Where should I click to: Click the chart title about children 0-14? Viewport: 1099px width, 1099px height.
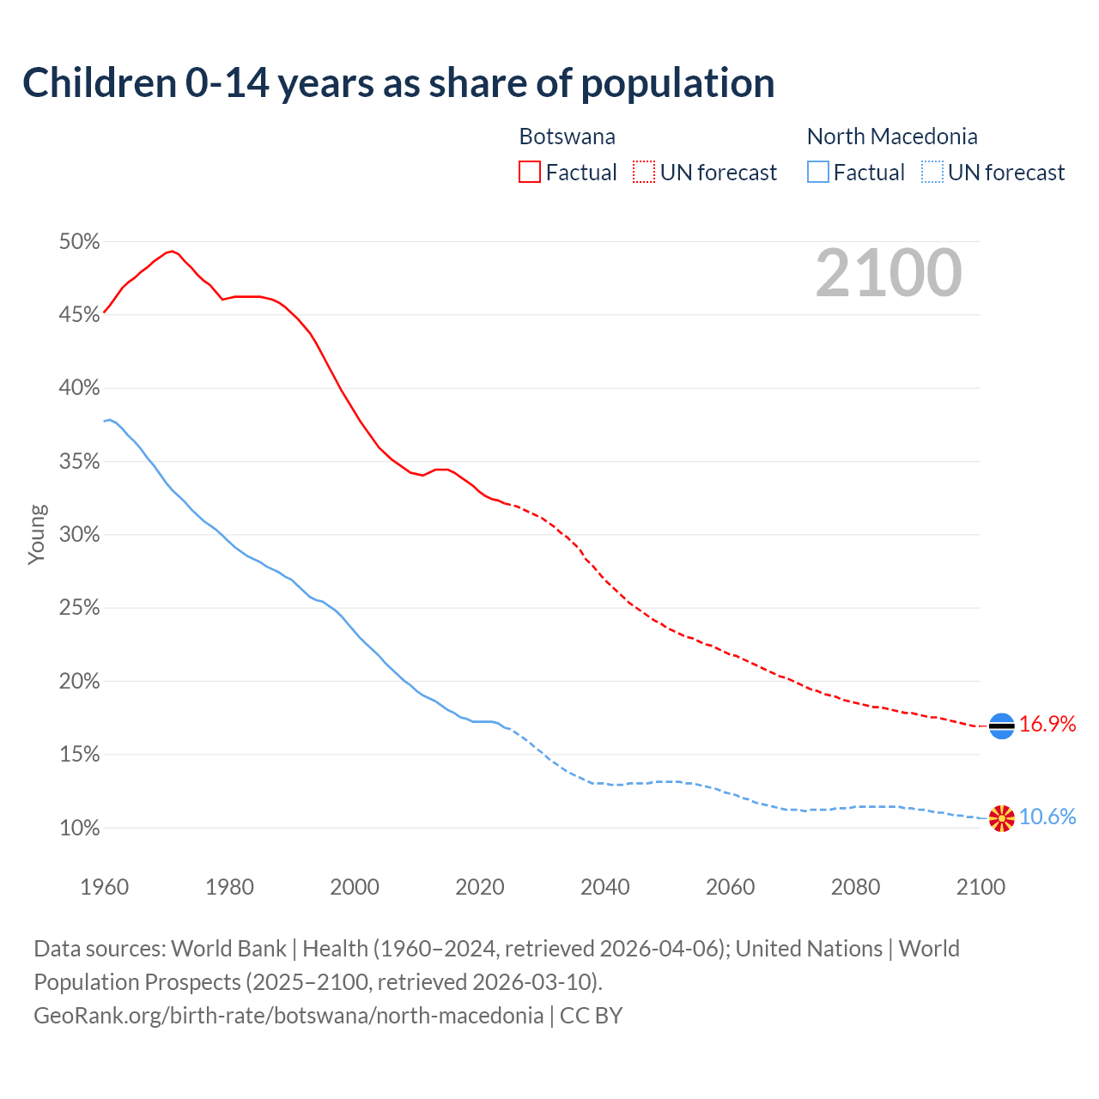398,83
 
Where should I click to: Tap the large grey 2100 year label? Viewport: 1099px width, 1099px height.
889,273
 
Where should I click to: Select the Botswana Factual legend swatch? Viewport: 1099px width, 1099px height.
530,172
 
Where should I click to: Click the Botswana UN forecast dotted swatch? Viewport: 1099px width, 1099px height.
644,172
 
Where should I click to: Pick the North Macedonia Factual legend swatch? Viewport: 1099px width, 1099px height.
818,172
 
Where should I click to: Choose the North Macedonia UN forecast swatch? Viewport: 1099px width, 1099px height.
932,172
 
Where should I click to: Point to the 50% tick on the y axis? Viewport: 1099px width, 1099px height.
79,242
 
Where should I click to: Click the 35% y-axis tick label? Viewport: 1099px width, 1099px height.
79,462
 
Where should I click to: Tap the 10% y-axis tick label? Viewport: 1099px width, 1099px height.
79,829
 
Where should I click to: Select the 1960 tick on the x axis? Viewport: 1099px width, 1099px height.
104,887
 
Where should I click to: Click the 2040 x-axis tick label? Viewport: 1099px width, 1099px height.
605,887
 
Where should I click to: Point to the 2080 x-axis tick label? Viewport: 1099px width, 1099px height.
855,887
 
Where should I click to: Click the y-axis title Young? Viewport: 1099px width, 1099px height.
37,534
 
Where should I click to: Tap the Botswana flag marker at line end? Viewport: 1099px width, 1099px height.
1001,726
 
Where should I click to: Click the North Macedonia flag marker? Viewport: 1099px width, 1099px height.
1001,818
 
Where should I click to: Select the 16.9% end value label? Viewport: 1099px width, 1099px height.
1047,725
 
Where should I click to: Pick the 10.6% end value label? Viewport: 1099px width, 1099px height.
1047,817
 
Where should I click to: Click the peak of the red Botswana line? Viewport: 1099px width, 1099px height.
173,251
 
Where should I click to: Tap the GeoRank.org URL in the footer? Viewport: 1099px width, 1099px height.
288,1016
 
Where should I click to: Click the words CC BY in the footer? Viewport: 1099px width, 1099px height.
591,1016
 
